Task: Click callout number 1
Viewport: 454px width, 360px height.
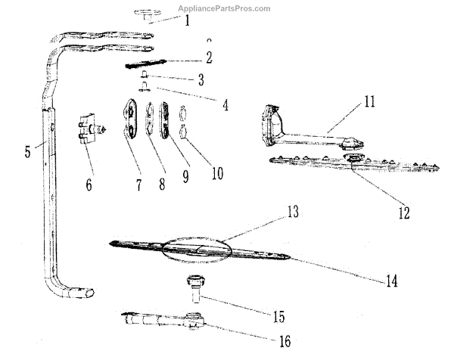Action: [x=187, y=20]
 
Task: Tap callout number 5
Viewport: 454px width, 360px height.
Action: [x=27, y=151]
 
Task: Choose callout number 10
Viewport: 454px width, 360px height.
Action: [x=216, y=172]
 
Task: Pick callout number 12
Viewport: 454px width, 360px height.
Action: [x=403, y=213]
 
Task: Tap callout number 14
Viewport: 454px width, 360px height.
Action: [x=390, y=280]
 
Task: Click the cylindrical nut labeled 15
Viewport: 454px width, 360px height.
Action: [x=193, y=288]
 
